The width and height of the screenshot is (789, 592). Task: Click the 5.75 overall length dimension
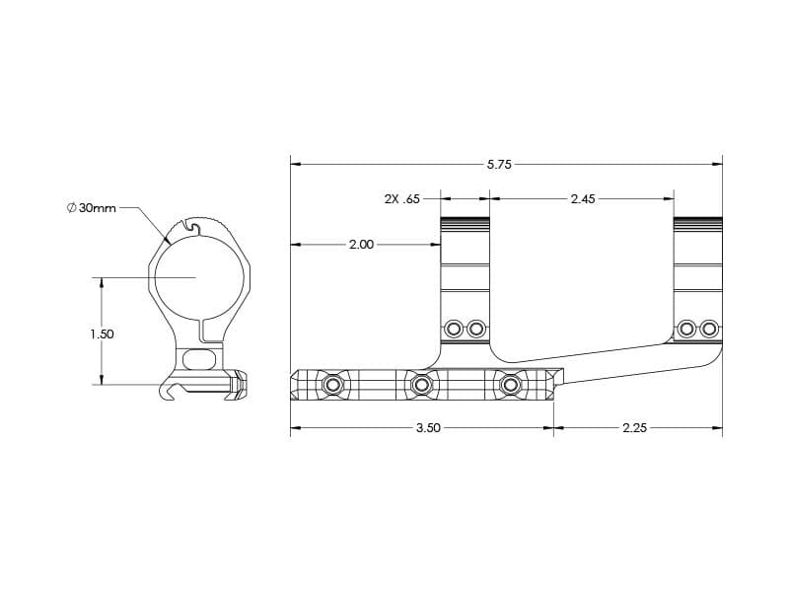(x=499, y=164)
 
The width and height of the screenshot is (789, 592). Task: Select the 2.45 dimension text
(x=583, y=199)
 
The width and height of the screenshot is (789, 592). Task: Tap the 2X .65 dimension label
(x=402, y=199)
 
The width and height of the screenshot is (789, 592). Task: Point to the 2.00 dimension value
(x=361, y=245)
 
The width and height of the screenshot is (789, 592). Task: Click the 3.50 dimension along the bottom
(x=428, y=428)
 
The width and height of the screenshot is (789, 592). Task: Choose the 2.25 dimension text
(x=634, y=428)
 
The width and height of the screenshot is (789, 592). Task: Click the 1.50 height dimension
(x=103, y=333)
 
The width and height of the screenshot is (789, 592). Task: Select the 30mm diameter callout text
(x=97, y=208)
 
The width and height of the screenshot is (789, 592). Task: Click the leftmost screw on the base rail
(x=332, y=386)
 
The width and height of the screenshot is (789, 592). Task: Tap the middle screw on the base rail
(x=421, y=386)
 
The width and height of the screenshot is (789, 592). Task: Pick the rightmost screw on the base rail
(x=510, y=386)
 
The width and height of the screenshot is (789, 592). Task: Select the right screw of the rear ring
(x=709, y=330)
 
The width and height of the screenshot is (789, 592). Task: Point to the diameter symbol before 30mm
(x=71, y=208)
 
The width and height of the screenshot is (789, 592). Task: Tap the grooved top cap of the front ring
(x=465, y=223)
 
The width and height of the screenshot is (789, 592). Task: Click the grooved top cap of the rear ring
(x=698, y=223)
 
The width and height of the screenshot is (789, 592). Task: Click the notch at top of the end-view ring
(x=192, y=227)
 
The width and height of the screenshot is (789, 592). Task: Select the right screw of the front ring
(x=475, y=330)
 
